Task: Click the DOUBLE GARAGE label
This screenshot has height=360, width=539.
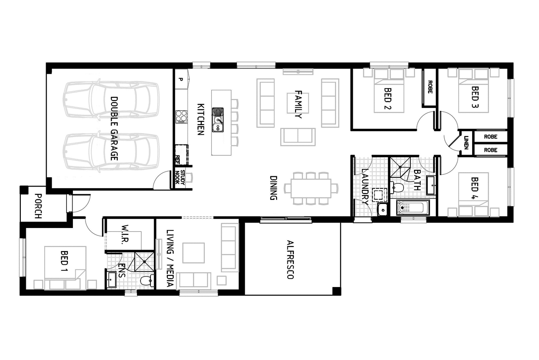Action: (x=114, y=128)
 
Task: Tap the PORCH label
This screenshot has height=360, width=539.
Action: (x=38, y=206)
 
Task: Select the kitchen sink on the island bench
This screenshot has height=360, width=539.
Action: (x=218, y=119)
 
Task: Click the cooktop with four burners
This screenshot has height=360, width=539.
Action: (x=181, y=117)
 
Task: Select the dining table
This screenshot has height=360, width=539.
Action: (x=311, y=188)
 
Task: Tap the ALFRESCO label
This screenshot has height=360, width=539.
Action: (x=290, y=259)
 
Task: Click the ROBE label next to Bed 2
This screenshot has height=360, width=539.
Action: (x=429, y=87)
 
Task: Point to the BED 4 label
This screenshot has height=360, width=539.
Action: (x=475, y=184)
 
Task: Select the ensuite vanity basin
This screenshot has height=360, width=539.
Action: (x=111, y=279)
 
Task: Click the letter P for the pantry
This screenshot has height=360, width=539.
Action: (x=181, y=79)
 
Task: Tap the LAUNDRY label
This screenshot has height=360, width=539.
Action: (x=365, y=186)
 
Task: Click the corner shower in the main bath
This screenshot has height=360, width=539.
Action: (x=400, y=167)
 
